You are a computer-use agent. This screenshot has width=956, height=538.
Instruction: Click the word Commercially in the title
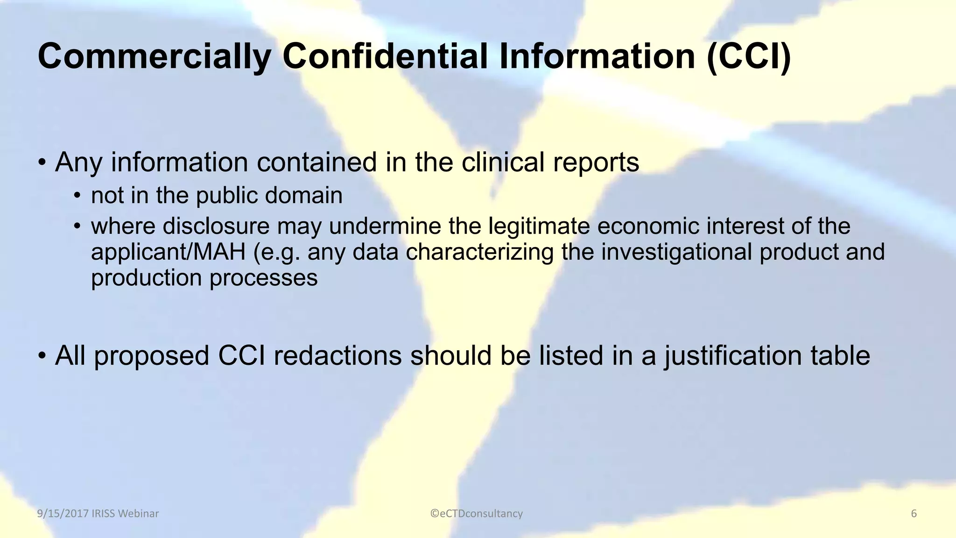[154, 56]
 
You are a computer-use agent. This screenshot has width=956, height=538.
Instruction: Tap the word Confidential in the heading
[385, 56]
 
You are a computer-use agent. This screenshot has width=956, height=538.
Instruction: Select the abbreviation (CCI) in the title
[748, 56]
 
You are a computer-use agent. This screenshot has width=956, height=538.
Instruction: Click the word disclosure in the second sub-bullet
[216, 226]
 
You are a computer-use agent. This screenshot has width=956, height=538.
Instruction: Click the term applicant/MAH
[168, 252]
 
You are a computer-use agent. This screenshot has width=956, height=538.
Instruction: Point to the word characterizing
[479, 252]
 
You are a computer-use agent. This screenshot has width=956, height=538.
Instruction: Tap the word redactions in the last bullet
[337, 355]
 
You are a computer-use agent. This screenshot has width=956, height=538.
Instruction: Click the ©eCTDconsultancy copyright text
[477, 514]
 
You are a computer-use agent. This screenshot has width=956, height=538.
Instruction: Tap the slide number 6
[914, 514]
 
